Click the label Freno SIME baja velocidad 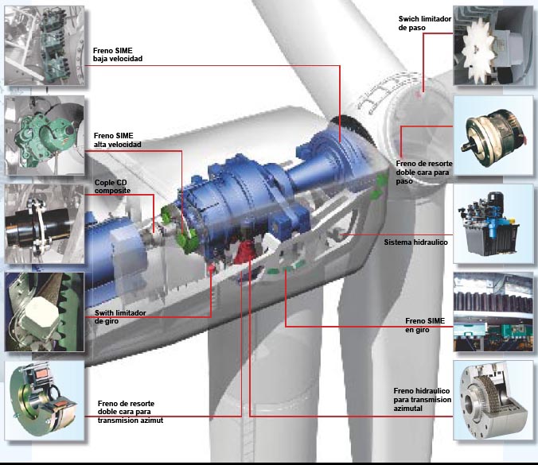[x=117, y=55]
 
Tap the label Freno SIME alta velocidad [x=117, y=140]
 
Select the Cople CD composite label [x=112, y=187]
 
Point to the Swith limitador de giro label [x=120, y=317]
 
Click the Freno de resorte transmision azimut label [x=131, y=412]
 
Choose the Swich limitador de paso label [x=425, y=23]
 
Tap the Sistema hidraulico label [x=416, y=242]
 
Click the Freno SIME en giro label [x=425, y=325]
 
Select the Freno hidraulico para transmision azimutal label [x=422, y=400]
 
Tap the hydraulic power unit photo [x=493, y=224]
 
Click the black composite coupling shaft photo [x=45, y=224]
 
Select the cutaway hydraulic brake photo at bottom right [x=493, y=401]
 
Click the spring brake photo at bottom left [x=45, y=401]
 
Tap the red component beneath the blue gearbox [x=246, y=253]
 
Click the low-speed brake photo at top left [x=45, y=45]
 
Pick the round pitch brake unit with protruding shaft [x=493, y=138]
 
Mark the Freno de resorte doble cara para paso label [x=424, y=172]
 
